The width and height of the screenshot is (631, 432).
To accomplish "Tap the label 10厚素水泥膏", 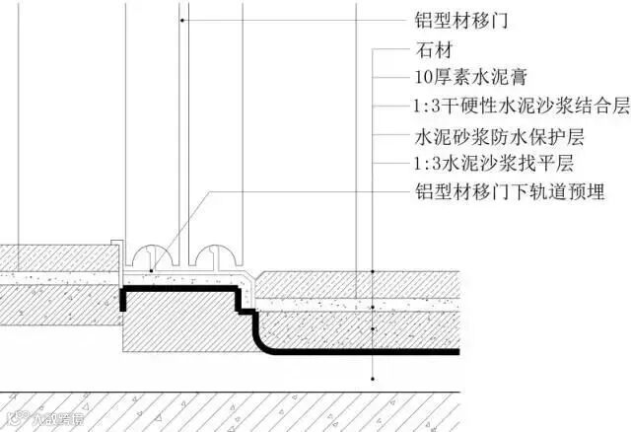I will [467, 78].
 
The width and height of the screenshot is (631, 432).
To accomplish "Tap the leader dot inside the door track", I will [149, 268].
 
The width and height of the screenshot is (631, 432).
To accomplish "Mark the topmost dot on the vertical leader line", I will [373, 270].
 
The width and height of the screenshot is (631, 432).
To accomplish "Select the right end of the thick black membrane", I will [456, 351].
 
